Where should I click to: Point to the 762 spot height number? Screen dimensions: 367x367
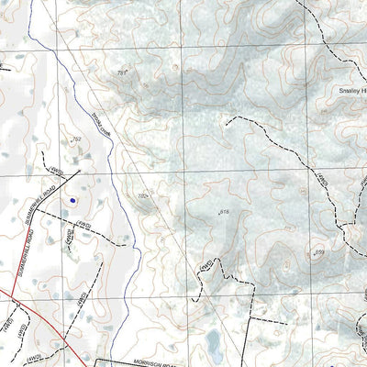pyautogui.click(x=76, y=139)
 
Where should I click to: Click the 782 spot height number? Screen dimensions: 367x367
pyautogui.click(x=142, y=195)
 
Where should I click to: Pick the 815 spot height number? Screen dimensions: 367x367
pyautogui.click(x=223, y=211)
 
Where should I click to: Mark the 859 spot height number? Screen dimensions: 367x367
pyautogui.click(x=319, y=251)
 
